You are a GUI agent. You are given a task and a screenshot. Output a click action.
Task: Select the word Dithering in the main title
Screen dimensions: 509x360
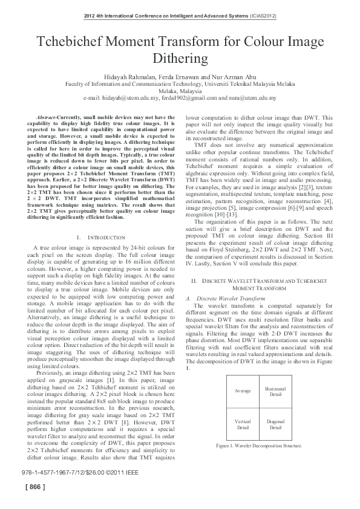[180, 59]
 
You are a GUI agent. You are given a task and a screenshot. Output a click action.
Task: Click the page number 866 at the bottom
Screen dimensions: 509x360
[34, 487]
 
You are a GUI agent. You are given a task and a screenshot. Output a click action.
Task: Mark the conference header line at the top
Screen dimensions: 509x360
[180, 16]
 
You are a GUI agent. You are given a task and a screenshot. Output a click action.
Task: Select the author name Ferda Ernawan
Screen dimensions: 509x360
[189, 77]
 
